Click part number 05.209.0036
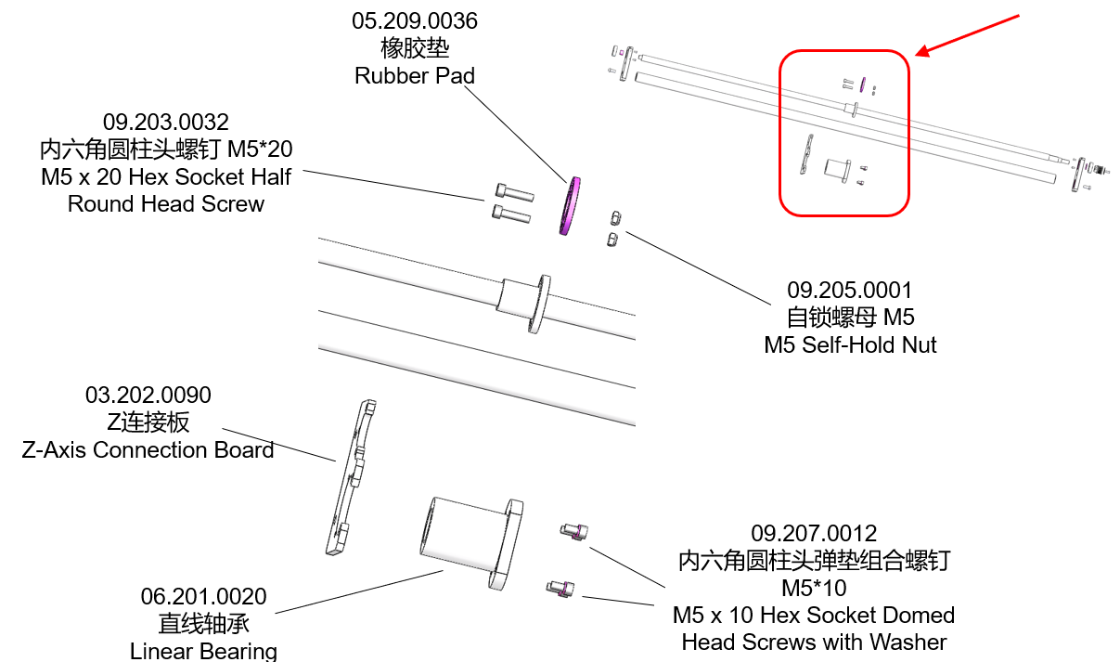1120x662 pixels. pyautogui.click(x=415, y=21)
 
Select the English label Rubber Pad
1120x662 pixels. pyautogui.click(x=415, y=76)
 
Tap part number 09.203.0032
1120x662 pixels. pyautogui.click(x=166, y=122)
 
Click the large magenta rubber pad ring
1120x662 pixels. pyautogui.click(x=570, y=205)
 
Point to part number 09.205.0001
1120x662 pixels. pyautogui.click(x=849, y=291)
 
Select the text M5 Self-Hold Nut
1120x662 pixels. pyautogui.click(x=850, y=345)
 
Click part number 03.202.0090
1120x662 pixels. pyautogui.click(x=148, y=396)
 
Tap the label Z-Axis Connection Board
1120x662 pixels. pyautogui.click(x=148, y=449)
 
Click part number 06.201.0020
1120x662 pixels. pyautogui.click(x=203, y=596)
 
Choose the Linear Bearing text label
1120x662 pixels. pyautogui.click(x=203, y=651)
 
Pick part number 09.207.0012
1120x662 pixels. pyautogui.click(x=814, y=533)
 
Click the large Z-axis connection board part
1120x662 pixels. pyautogui.click(x=351, y=477)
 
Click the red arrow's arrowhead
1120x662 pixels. pyautogui.click(x=922, y=52)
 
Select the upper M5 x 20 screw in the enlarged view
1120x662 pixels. pyautogui.click(x=515, y=192)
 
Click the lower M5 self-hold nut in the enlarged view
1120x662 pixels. pyautogui.click(x=612, y=240)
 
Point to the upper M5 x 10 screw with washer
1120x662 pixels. pyautogui.click(x=574, y=531)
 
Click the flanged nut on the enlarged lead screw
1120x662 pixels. pyautogui.click(x=525, y=303)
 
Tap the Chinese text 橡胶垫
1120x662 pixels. pyautogui.click(x=415, y=48)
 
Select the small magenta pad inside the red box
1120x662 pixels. pyautogui.click(x=862, y=84)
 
